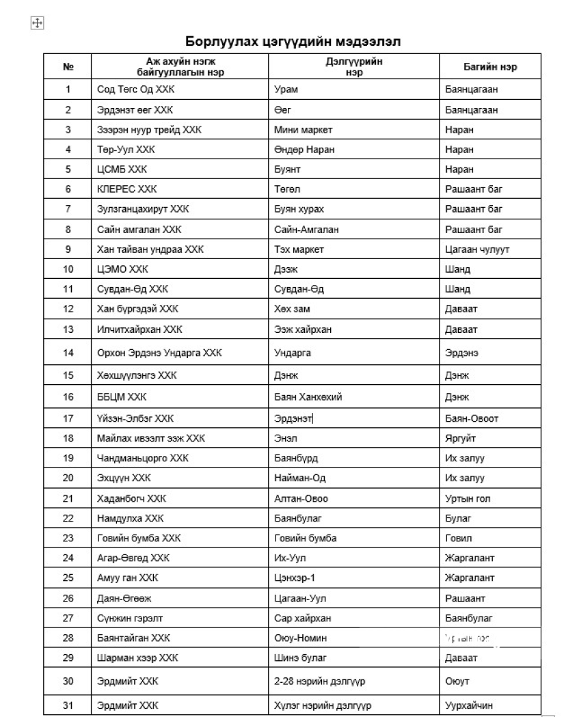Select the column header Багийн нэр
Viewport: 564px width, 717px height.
(x=490, y=67)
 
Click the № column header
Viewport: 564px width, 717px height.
(x=68, y=67)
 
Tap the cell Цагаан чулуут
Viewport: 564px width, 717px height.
(x=476, y=249)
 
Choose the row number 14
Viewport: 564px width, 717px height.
(x=68, y=353)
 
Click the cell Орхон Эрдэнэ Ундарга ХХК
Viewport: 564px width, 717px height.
(x=159, y=353)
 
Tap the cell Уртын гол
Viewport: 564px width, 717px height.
(x=467, y=498)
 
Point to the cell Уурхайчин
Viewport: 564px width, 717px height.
(x=468, y=705)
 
